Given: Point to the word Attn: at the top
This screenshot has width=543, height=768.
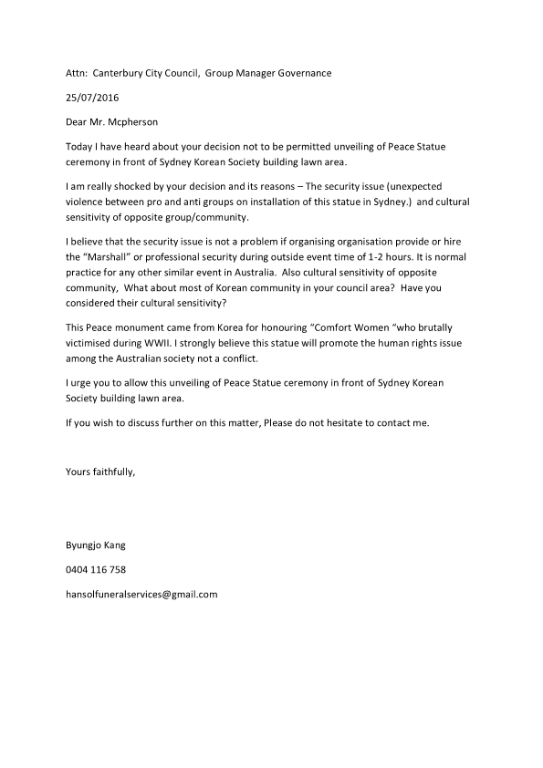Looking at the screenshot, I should pyautogui.click(x=79, y=74).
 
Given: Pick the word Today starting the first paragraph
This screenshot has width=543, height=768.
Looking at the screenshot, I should pyautogui.click(x=81, y=147).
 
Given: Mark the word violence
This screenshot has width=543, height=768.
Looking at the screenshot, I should pyautogui.click(x=88, y=201).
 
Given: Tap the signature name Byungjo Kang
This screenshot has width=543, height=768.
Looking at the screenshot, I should pyautogui.click(x=96, y=545).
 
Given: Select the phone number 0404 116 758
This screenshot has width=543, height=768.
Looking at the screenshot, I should pyautogui.click(x=96, y=569).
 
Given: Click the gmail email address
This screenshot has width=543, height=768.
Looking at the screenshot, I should pyautogui.click(x=141, y=594).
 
